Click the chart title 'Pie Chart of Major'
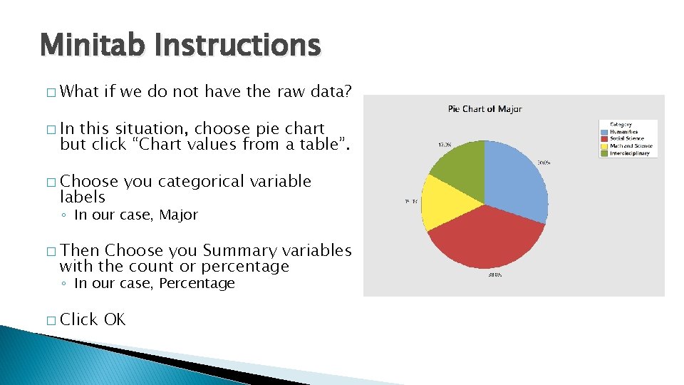[484, 109]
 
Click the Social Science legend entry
[626, 139]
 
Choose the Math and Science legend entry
[630, 146]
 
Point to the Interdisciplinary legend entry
[629, 153]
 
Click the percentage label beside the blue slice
[544, 163]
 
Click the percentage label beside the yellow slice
[411, 202]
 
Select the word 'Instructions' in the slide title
[237, 46]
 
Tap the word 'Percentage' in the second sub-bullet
[197, 283]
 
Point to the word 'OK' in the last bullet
[115, 319]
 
